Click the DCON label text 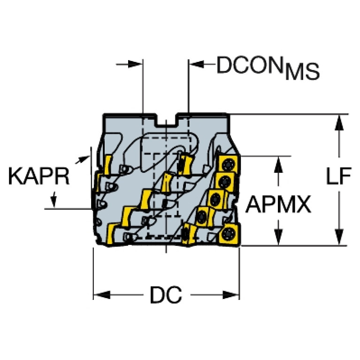point(250,65)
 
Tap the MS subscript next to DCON point(302,72)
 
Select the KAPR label point(38,176)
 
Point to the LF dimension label point(339,176)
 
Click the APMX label point(278,204)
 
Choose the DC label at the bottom point(166,295)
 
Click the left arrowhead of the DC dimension point(102,295)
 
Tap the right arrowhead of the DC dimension point(231,295)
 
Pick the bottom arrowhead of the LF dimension point(339,237)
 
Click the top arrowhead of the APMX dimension point(278,165)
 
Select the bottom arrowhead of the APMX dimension point(278,237)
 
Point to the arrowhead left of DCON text point(197,64)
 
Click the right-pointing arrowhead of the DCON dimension point(135,64)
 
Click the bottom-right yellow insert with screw point(230,235)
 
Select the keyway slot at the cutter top point(167,120)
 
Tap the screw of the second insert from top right point(223,182)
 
